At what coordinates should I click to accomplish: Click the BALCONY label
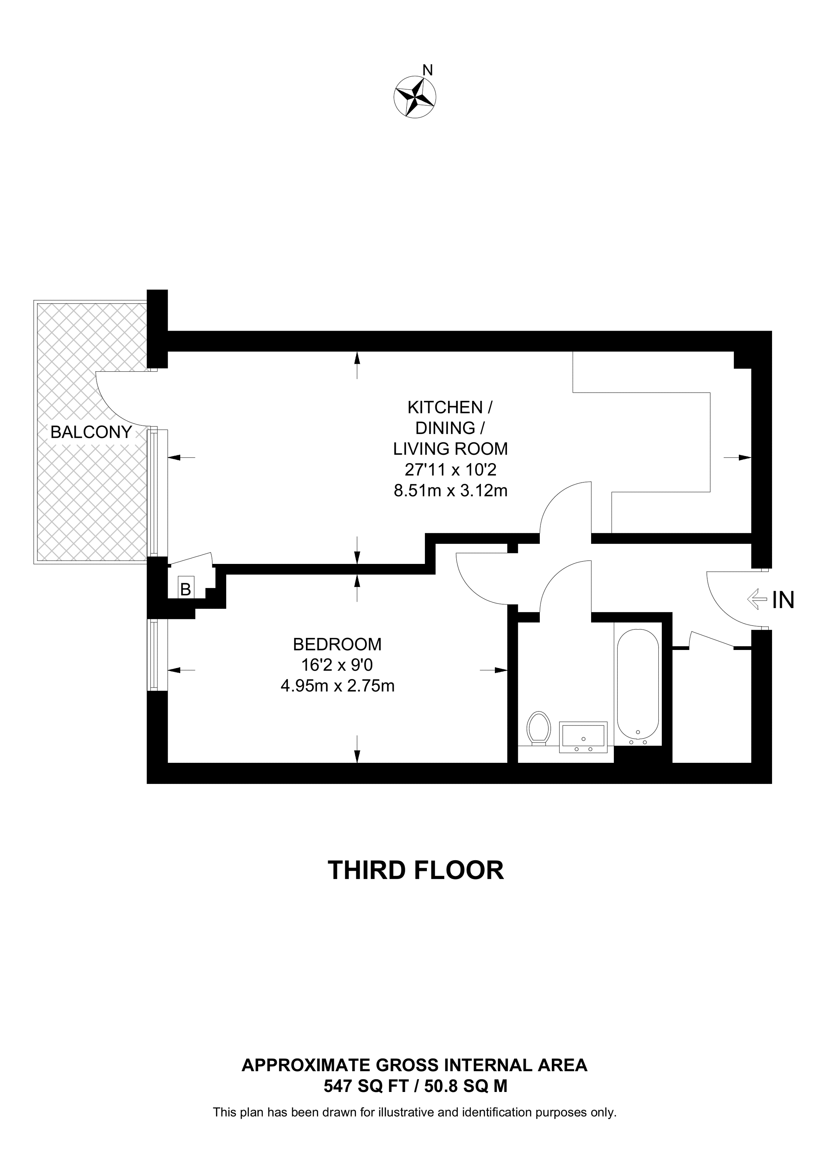tap(91, 433)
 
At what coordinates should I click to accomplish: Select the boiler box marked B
tap(186, 589)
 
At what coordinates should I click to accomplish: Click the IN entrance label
tap(783, 600)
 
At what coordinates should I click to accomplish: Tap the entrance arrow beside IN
tap(756, 599)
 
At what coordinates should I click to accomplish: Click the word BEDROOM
tap(337, 644)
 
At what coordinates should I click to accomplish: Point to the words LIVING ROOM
tap(451, 449)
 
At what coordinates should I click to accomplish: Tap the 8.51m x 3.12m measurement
tap(451, 491)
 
